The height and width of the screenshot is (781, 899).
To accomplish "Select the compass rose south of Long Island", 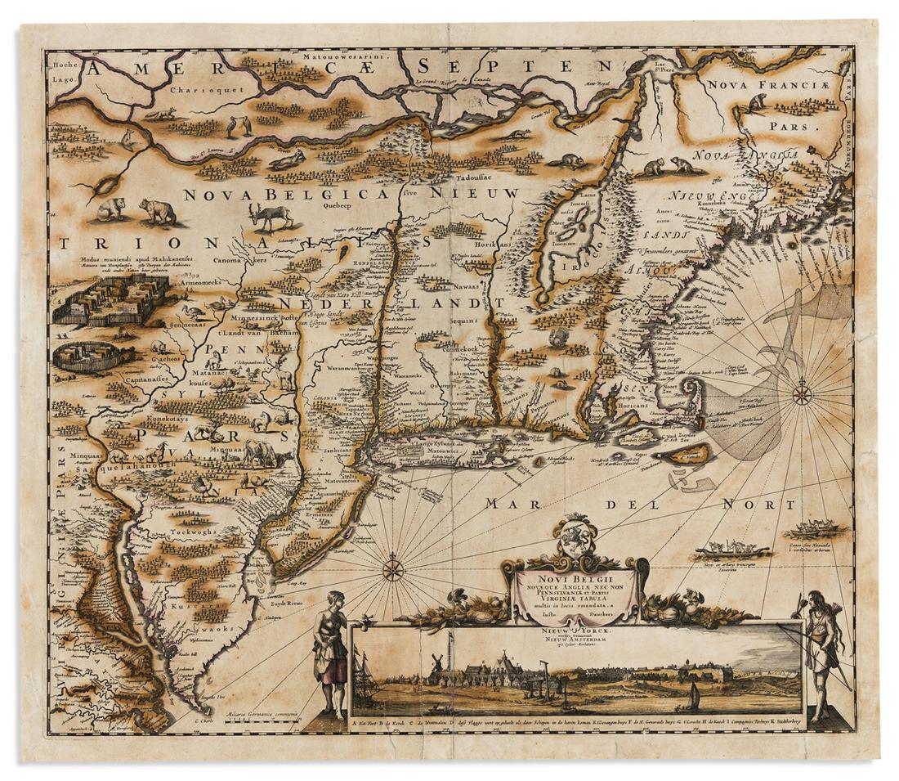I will tap(393, 567).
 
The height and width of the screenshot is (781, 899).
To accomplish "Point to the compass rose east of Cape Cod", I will tap(802, 396).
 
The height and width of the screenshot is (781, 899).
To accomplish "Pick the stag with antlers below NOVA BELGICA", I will tap(272, 218).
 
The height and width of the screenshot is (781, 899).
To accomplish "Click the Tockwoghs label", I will tap(194, 532).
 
